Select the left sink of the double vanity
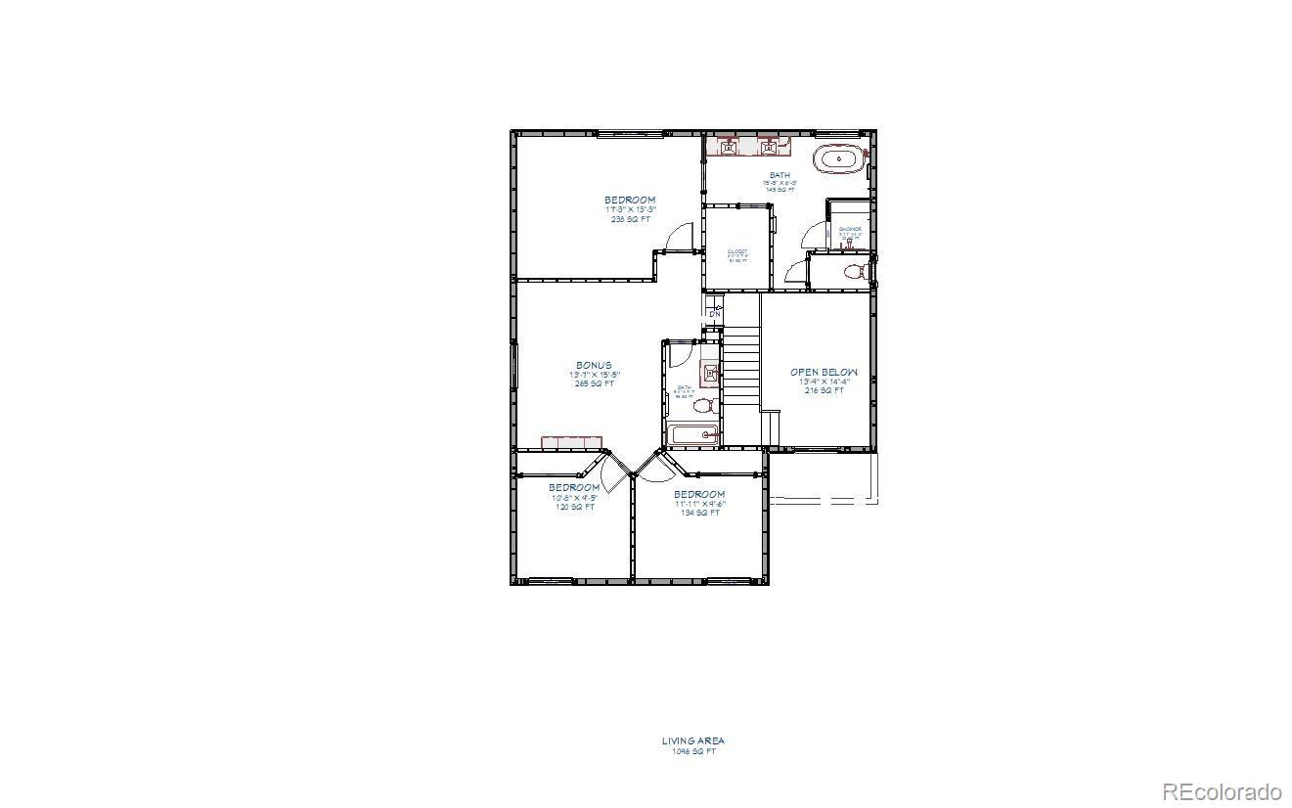click(730, 148)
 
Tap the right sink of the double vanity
click(770, 148)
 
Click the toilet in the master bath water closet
click(854, 271)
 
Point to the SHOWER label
click(850, 230)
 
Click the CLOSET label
click(736, 251)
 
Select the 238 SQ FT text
click(629, 219)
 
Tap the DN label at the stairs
click(714, 313)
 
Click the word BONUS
click(594, 365)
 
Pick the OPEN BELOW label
click(824, 372)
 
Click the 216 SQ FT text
click(824, 390)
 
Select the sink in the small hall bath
click(709, 372)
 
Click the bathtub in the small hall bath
click(693, 433)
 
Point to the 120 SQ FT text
click(573, 507)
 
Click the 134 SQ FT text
click(698, 513)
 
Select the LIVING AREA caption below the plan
click(692, 741)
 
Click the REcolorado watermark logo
click(1223, 790)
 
